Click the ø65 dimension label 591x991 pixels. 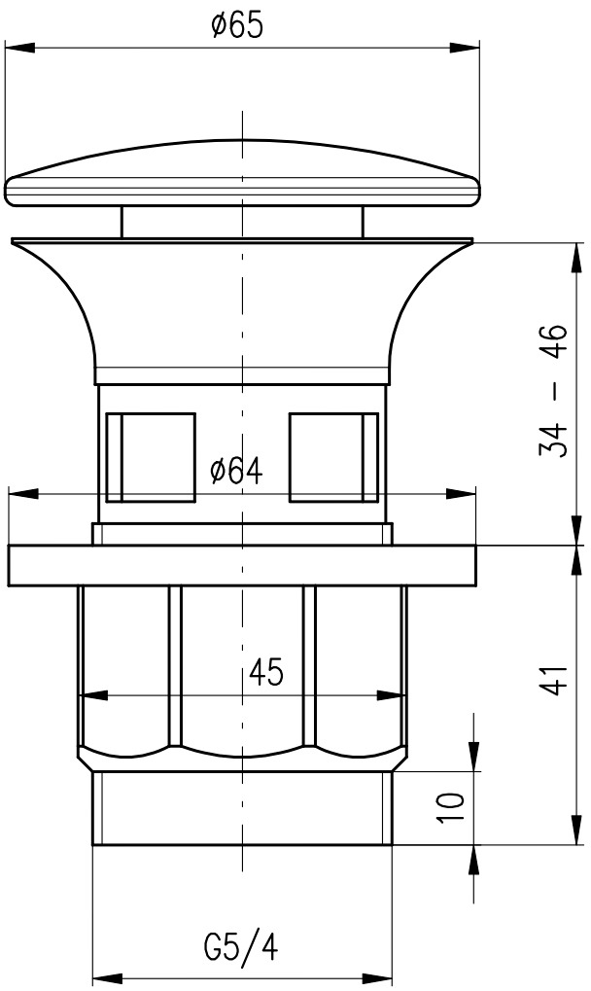click(x=237, y=26)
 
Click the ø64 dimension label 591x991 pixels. click(x=236, y=471)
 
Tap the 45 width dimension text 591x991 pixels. click(x=266, y=672)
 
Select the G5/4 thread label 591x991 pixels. click(x=241, y=948)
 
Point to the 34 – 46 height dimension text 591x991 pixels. click(x=553, y=390)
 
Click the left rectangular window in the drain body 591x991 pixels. click(x=151, y=458)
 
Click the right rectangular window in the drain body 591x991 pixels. click(x=334, y=458)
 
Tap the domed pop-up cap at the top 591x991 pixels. click(x=242, y=173)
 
